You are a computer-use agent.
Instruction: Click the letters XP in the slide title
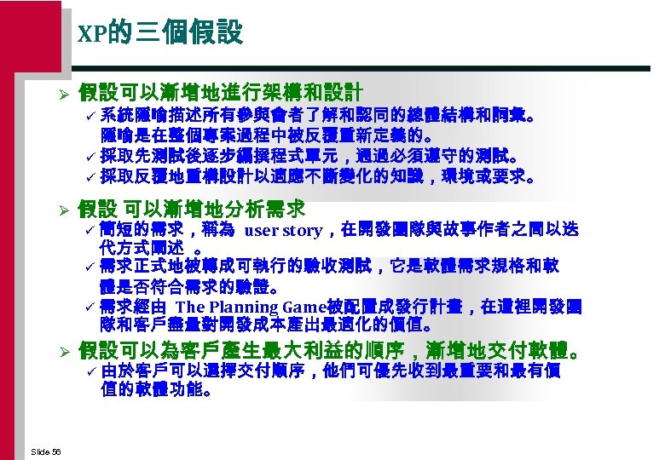coord(90,34)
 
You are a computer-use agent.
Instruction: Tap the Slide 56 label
coord(43,450)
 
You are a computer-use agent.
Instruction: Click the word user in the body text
coord(260,230)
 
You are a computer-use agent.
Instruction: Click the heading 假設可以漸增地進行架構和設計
coord(221,91)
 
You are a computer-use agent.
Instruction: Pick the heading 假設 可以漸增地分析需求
coord(192,209)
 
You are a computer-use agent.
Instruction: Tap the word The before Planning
coord(190,307)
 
